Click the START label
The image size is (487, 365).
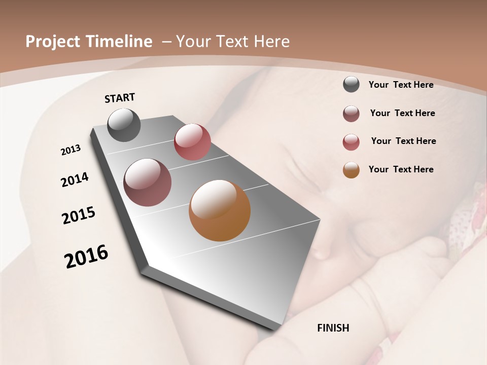pyautogui.click(x=120, y=98)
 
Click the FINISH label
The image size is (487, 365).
pyautogui.click(x=333, y=328)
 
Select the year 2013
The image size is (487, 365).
pyautogui.click(x=71, y=150)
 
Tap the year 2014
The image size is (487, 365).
pyautogui.click(x=75, y=179)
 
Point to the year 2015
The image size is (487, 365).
pyautogui.click(x=79, y=215)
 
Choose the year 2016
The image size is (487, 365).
pyautogui.click(x=86, y=257)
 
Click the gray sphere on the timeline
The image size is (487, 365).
pyautogui.click(x=124, y=125)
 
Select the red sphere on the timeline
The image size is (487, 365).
pyautogui.click(x=192, y=142)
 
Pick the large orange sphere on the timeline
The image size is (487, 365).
pyautogui.click(x=220, y=210)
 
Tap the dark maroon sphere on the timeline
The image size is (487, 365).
pyautogui.click(x=148, y=182)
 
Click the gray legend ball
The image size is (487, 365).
pyautogui.click(x=351, y=84)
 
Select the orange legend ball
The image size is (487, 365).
pyautogui.click(x=351, y=170)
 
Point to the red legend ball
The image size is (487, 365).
pyautogui.click(x=351, y=142)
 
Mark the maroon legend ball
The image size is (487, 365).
pyautogui.click(x=351, y=114)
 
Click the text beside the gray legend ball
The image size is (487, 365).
pyautogui.click(x=401, y=85)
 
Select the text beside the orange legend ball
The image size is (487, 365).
pyautogui.click(x=401, y=169)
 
